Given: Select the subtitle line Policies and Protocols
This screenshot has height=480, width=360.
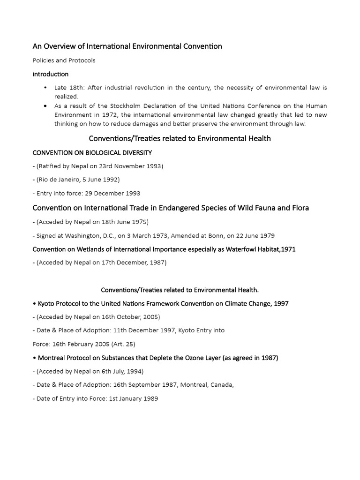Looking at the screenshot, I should click(64, 60).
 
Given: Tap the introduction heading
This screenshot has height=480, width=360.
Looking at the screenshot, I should click(50, 74).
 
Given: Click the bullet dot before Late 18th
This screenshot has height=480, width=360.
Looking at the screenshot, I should click(45, 88).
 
